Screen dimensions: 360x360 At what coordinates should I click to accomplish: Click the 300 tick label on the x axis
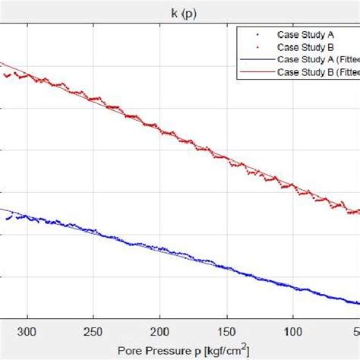tap(27, 332)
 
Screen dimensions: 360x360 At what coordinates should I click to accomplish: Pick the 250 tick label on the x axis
tap(93, 332)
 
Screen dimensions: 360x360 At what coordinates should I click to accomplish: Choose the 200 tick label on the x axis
tap(159, 332)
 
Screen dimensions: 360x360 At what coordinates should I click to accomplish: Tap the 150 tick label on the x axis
tap(226, 332)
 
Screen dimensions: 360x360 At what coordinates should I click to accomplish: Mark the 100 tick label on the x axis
tap(292, 332)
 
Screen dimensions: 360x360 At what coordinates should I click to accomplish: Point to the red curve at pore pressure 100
tap(292, 187)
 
